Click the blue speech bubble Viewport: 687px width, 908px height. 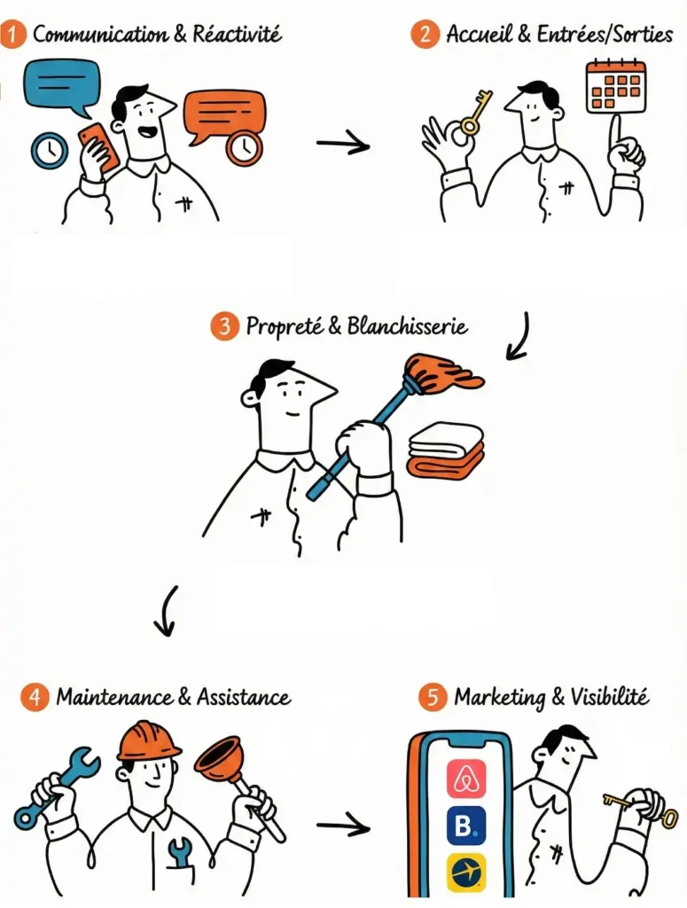(x=62, y=88)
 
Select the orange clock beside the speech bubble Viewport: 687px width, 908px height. (x=244, y=147)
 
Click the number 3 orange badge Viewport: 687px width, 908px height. (x=224, y=326)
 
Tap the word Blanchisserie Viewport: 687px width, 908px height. (x=407, y=326)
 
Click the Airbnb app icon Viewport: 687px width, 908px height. (x=466, y=779)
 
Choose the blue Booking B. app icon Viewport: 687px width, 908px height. (x=466, y=826)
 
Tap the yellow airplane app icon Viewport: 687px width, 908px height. (x=466, y=873)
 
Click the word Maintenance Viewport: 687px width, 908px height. (x=114, y=697)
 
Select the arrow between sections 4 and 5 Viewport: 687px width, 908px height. (x=343, y=825)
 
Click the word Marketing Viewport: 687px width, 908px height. (x=499, y=697)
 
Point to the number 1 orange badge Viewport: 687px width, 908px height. (x=13, y=35)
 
